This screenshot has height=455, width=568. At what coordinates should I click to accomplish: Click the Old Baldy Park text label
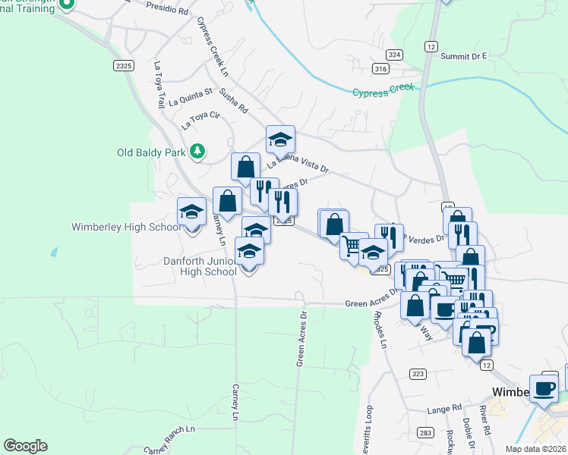click(151, 152)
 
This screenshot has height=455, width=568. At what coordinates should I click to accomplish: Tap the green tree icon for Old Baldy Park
click(197, 152)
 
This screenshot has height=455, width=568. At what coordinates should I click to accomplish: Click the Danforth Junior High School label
click(200, 266)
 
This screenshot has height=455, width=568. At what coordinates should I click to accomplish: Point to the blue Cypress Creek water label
click(383, 90)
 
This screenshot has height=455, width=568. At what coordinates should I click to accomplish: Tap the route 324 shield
click(393, 55)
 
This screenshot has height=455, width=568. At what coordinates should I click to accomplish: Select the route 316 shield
click(380, 69)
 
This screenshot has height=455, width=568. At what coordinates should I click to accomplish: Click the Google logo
click(25, 446)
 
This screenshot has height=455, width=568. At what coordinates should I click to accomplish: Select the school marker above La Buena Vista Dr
click(279, 140)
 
